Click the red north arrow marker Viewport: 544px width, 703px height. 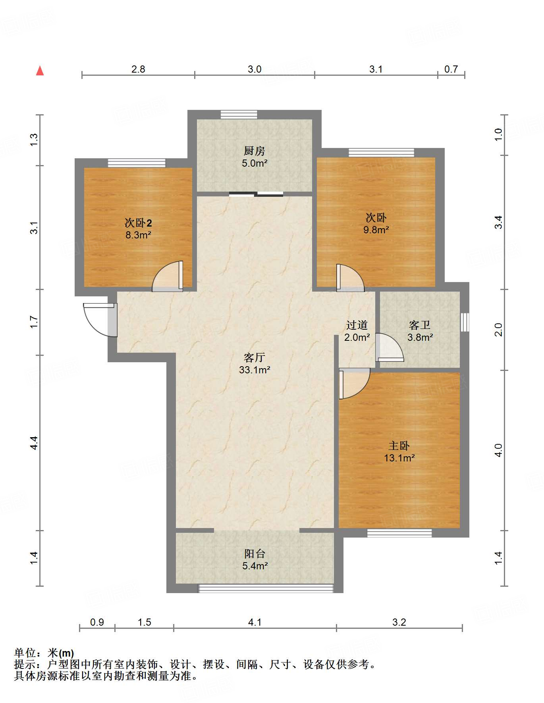40,71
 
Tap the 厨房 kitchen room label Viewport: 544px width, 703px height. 254,151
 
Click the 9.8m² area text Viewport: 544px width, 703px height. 376,230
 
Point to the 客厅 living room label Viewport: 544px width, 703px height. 254,357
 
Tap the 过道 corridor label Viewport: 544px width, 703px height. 357,325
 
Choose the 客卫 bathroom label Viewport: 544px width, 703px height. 420,325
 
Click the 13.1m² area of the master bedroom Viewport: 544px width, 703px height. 399,458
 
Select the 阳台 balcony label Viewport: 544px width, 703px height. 254,553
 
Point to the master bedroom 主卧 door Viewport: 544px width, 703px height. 353,383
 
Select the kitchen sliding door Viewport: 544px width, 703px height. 256,194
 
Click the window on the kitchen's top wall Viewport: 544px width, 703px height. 239,115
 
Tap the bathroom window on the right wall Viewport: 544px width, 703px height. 465,322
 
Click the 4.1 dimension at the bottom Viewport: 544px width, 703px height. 255,622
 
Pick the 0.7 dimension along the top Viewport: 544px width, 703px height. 451,69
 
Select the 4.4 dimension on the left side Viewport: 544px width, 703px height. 34,442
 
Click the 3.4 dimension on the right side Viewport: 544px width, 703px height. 499,222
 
